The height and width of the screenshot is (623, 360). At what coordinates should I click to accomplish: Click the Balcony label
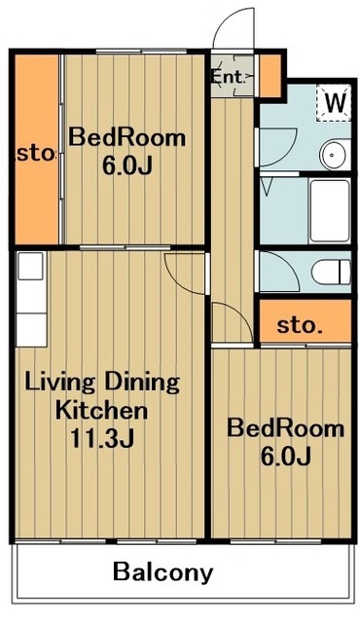[x=163, y=572]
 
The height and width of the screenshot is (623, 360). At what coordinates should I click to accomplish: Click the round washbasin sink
[x=334, y=155]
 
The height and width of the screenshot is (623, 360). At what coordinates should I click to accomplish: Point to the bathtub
[x=330, y=210]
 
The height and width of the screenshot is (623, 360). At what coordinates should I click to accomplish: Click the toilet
[x=331, y=273]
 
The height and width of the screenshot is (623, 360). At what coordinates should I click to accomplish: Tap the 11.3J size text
[x=102, y=437]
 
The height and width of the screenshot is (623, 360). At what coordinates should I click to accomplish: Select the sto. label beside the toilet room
[x=299, y=325]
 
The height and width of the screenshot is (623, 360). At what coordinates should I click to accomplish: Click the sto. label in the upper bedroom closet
[x=35, y=154]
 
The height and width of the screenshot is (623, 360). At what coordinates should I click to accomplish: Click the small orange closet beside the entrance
[x=270, y=76]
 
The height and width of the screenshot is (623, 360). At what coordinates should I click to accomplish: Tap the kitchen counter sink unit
[x=31, y=299]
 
